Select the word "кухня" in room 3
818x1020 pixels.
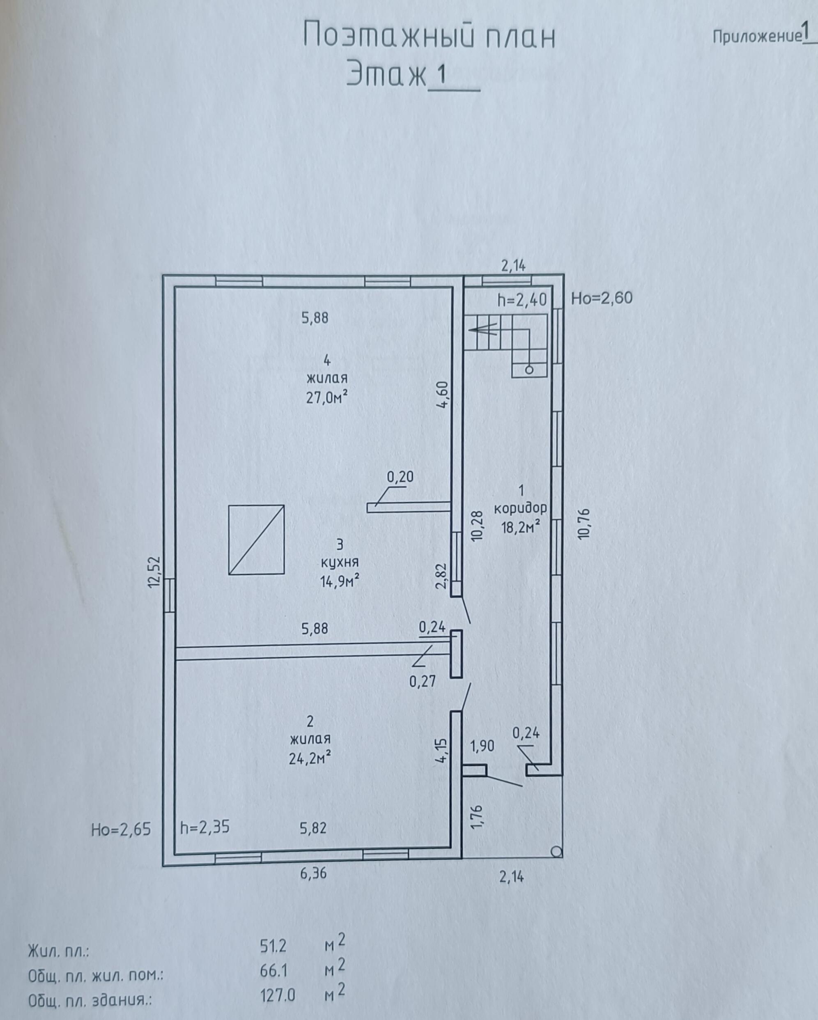[340, 562]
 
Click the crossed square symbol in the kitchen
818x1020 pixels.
[256, 540]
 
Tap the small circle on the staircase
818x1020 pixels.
[529, 370]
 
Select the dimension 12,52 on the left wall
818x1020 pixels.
[155, 572]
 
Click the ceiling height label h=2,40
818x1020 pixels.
[522, 299]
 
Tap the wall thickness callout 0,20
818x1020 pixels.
[400, 477]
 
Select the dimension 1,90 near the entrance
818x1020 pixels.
[482, 746]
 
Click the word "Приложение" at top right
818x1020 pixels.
[756, 37]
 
